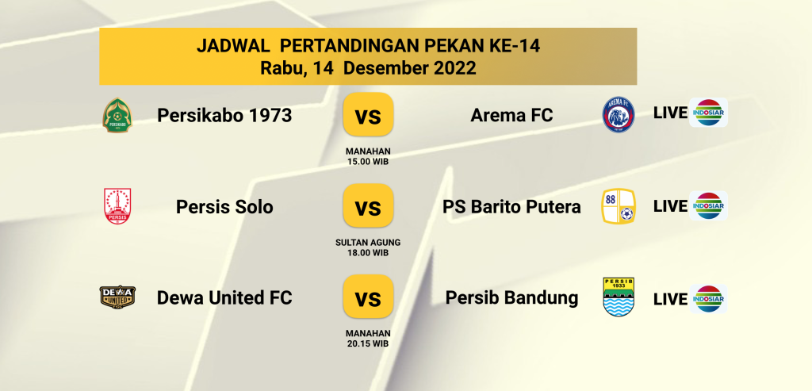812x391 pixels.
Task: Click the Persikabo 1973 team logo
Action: coord(117,115)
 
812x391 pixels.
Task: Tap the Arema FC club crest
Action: coord(619,114)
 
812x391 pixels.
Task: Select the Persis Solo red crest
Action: coord(117,206)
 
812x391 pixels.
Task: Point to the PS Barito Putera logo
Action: coord(619,206)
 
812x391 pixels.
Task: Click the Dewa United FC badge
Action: coord(117,297)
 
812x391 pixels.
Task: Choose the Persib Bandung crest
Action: coord(619,297)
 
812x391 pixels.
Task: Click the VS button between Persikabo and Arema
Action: coord(368,114)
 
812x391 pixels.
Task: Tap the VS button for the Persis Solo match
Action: coord(368,205)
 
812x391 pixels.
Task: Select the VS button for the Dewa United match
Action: coord(368,297)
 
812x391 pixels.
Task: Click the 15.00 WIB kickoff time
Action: coord(368,162)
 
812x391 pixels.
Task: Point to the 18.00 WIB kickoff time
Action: coord(368,253)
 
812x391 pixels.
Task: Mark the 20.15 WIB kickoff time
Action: coord(368,343)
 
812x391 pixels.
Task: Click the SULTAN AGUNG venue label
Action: coord(368,243)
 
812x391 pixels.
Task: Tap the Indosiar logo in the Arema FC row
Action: coord(708,113)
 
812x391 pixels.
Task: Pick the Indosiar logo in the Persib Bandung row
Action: coord(708,299)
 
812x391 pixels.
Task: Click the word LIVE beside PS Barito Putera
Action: coord(670,206)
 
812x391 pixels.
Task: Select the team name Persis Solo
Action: coord(224,207)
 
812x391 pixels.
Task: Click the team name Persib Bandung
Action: coord(511,297)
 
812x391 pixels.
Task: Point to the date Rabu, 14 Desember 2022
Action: coord(368,68)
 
